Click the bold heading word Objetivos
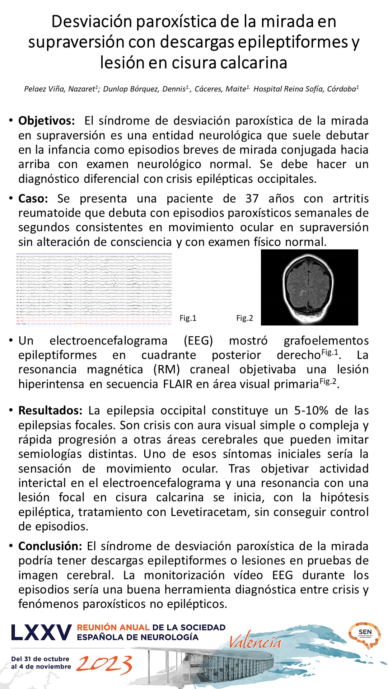pyautogui.click(x=47, y=121)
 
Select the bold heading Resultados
pyautogui.click(x=51, y=411)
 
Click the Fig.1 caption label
pyautogui.click(x=188, y=318)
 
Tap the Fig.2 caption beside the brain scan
pyautogui.click(x=244, y=318)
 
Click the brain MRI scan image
pyautogui.click(x=309, y=287)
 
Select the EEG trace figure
pyautogui.click(x=94, y=290)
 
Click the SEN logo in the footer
pyautogui.click(x=365, y=636)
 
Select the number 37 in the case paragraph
pyautogui.click(x=252, y=199)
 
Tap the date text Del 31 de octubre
pyautogui.click(x=40, y=659)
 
